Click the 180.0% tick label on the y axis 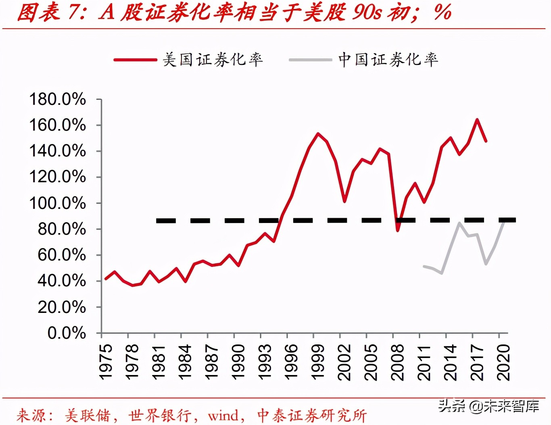57,99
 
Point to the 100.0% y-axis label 57,203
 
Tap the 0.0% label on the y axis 67,333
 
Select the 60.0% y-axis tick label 62,255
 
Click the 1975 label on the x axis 106,362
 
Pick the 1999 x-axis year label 318,362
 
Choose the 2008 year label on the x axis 397,362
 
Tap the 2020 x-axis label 503,362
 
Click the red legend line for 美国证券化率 135,60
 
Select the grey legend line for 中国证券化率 310,60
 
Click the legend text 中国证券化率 388,60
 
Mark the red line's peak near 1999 318,134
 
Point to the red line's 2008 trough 398,230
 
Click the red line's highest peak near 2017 477,120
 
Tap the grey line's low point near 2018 486,264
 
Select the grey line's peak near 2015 459,223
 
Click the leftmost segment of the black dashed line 166,221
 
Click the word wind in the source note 223,415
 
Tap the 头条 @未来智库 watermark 488,406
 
